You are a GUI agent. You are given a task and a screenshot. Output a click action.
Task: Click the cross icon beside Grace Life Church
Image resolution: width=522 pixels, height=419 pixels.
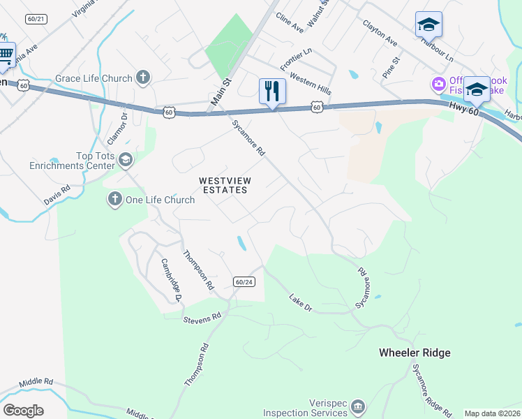click(x=143, y=78)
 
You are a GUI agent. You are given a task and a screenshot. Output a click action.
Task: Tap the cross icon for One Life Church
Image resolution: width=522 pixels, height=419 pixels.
click(x=114, y=200)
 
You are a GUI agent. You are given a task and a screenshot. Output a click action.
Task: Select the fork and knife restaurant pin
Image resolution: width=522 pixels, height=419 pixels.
click(x=272, y=91)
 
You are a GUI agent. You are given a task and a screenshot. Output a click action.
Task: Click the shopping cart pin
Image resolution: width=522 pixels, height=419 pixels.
click(x=5, y=54)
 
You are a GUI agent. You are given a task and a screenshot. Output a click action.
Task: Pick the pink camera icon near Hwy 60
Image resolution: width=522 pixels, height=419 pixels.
click(x=439, y=84)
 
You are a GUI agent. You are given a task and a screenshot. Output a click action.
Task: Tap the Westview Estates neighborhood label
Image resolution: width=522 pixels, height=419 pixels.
click(x=225, y=185)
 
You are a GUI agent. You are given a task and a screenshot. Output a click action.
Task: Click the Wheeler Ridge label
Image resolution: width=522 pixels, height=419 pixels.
click(x=415, y=353)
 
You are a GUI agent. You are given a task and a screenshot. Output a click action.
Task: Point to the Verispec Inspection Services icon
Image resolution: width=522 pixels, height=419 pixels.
click(x=357, y=406)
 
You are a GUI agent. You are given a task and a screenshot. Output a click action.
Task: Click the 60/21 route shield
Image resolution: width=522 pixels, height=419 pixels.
click(x=36, y=19)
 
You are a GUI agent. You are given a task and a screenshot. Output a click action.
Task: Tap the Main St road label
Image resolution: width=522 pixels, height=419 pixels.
click(x=221, y=93)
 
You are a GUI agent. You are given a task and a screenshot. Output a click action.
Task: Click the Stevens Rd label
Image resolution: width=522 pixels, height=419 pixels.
click(x=202, y=318)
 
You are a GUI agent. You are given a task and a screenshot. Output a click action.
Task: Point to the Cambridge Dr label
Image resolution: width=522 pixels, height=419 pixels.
click(x=172, y=280)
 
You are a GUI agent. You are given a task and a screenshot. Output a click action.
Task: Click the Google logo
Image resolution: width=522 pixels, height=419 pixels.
click(x=23, y=411)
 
